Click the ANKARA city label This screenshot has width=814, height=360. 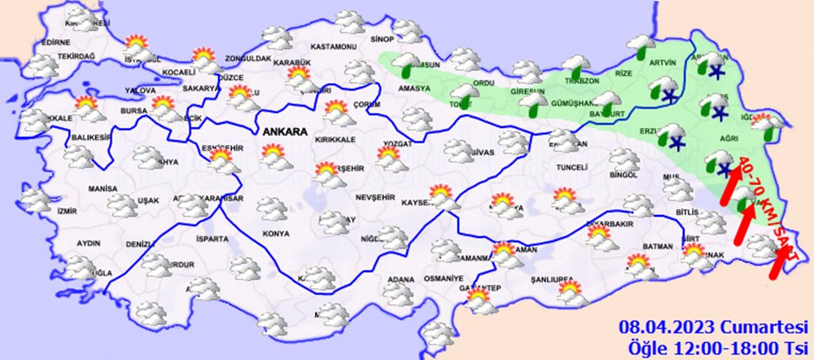coord(283,131)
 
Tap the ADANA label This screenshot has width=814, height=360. coord(400,279)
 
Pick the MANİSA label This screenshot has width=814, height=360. coord(103,188)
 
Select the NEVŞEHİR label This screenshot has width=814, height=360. coord(374,198)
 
